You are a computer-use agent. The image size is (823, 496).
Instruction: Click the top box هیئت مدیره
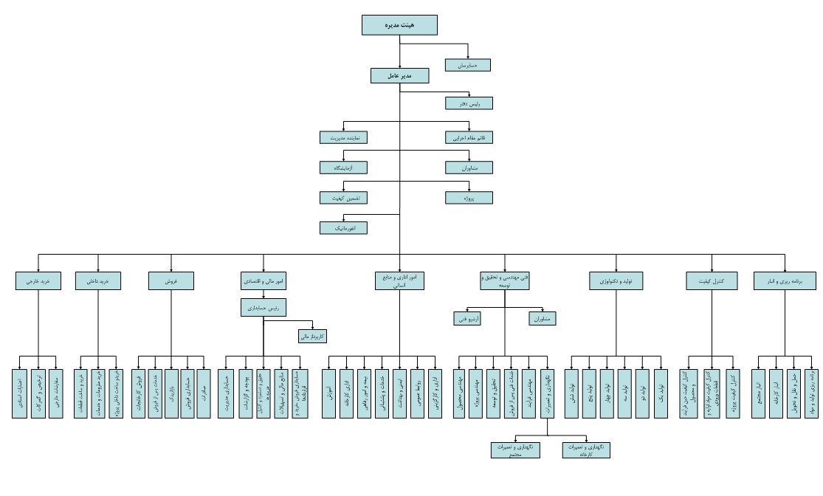tap(399, 25)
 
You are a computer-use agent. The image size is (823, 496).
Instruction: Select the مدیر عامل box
tap(399, 75)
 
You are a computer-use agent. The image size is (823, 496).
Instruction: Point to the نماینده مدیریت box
tap(343, 137)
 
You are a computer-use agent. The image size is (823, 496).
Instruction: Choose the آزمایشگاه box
tap(343, 168)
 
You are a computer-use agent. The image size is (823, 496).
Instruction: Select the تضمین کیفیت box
tap(343, 198)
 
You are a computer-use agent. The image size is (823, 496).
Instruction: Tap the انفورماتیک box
tap(343, 228)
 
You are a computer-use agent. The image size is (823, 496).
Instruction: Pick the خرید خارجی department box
tap(37, 280)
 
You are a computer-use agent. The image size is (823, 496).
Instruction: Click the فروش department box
tap(171, 280)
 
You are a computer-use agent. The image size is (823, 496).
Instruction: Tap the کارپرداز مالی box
tap(311, 336)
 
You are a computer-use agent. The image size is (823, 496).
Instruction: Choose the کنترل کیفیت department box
tap(712, 280)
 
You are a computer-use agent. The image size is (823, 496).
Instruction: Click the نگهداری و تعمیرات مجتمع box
tap(515, 449)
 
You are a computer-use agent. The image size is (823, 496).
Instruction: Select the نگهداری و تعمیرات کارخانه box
tap(586, 449)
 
